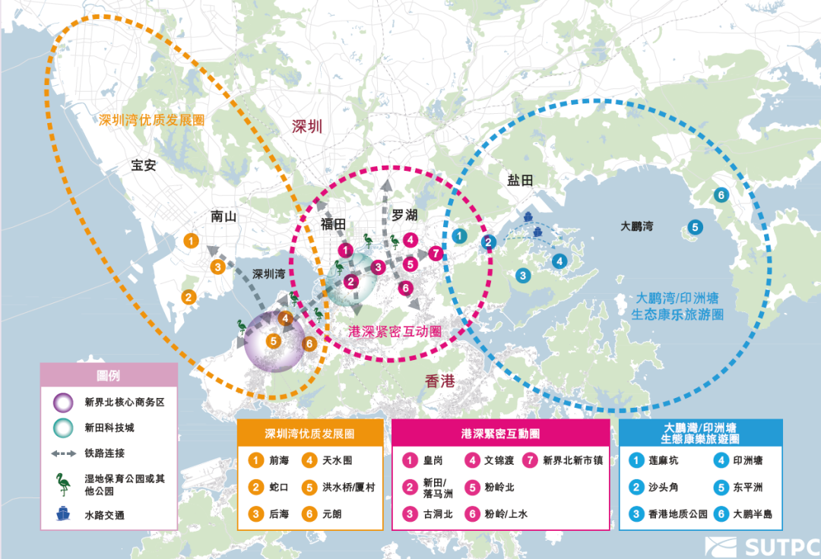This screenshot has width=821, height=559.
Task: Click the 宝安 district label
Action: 144,165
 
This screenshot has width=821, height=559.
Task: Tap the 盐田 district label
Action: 521,179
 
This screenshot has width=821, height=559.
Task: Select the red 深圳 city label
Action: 307,126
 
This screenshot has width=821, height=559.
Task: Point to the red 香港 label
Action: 439,381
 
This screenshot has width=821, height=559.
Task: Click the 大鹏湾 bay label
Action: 637,226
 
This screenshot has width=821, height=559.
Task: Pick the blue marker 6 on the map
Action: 720,195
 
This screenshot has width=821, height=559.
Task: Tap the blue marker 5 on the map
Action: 695,226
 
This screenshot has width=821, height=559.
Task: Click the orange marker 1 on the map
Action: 192,241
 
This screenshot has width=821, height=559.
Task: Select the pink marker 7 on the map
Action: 436,254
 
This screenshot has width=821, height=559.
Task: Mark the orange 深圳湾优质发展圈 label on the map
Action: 152,120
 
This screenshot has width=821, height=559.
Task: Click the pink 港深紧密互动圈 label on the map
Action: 395,331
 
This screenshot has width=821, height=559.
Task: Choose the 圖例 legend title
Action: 108,376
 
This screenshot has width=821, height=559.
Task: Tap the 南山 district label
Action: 224,216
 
